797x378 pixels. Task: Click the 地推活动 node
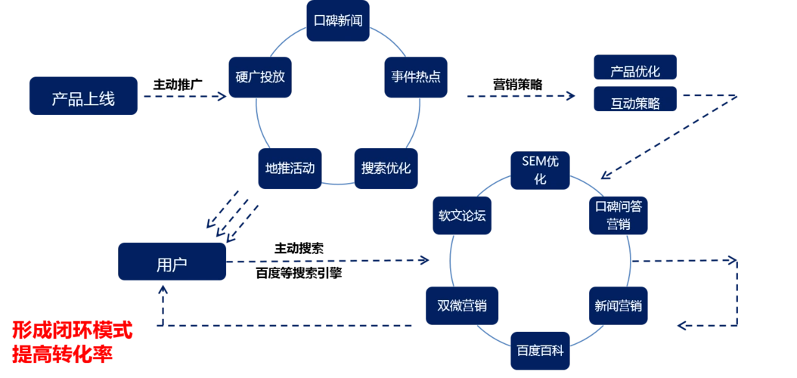click(x=290, y=167)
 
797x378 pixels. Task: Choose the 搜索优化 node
click(x=386, y=167)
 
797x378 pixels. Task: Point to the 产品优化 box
click(x=635, y=71)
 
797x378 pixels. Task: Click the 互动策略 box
click(x=635, y=104)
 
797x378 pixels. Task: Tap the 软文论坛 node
click(x=462, y=215)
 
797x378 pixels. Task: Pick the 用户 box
click(x=172, y=264)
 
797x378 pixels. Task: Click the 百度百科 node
click(x=540, y=350)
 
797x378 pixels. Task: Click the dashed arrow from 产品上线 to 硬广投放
click(x=181, y=97)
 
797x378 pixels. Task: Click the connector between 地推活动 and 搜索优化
click(x=337, y=184)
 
